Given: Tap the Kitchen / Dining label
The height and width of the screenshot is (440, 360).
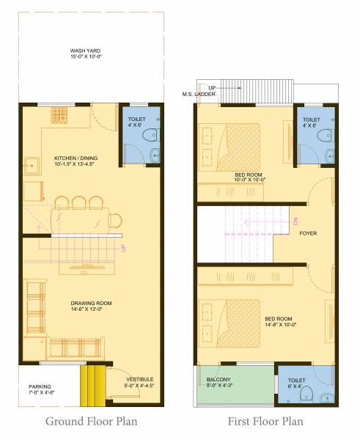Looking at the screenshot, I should pos(76,158).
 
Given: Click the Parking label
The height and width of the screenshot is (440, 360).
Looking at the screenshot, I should pos(39,386).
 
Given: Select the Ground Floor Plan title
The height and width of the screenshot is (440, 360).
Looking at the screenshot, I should pos(92,421).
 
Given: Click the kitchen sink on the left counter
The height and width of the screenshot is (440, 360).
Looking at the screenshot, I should pos(32,165).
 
